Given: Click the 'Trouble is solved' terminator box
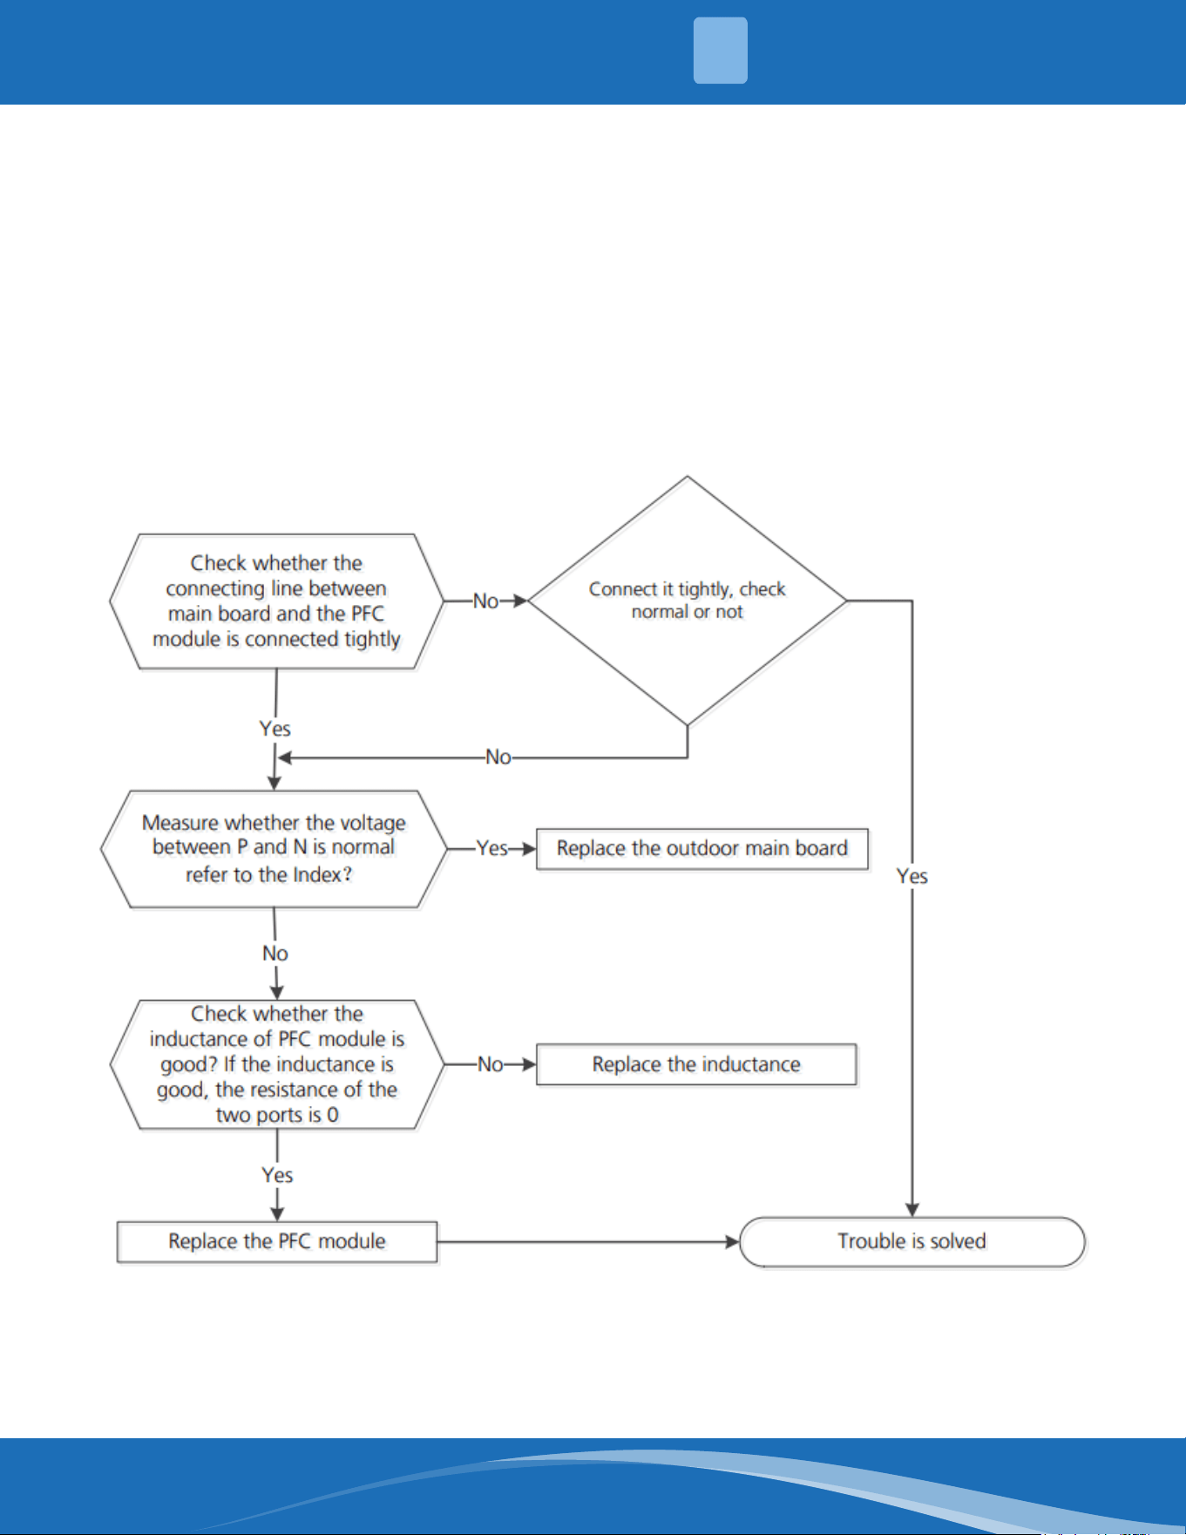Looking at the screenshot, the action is point(912,1241).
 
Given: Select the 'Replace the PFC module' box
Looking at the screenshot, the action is point(277,1241).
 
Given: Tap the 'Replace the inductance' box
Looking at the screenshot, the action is point(696,1064).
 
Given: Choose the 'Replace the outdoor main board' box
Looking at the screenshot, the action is point(701,849).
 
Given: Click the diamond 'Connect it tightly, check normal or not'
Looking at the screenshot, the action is point(688,601).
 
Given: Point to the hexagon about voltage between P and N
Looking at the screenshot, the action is point(274,849).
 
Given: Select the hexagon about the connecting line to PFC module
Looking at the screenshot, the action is point(276,601).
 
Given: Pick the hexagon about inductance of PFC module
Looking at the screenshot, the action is point(276,1064).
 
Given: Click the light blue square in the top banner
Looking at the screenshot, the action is point(721,51).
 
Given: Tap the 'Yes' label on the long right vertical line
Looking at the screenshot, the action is point(912,876).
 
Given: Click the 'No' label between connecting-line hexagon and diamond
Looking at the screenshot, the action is point(485,601).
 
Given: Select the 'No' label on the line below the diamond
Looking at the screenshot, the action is point(498,757).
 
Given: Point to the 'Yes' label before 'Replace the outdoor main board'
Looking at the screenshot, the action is point(492,848).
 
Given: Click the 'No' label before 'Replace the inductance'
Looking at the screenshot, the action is point(491,1064).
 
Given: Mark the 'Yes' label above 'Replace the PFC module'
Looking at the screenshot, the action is point(277,1175).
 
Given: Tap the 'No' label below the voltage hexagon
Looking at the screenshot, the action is point(275,954).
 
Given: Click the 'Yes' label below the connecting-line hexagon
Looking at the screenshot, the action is point(275,729).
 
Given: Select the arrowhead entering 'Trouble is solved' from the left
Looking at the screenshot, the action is point(732,1241).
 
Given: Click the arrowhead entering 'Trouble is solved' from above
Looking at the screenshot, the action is point(912,1210).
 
